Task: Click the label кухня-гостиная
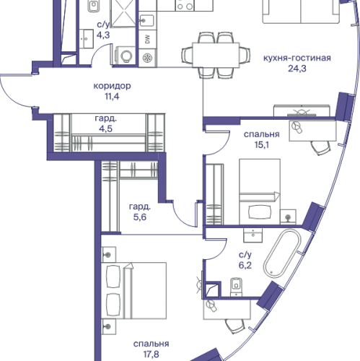(x=297, y=58)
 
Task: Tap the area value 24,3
(x=297, y=69)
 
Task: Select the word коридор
(x=112, y=86)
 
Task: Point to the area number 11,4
(x=112, y=97)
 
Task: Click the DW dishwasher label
(x=147, y=40)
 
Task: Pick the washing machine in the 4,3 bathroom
(x=126, y=56)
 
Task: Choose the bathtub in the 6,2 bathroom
(x=282, y=253)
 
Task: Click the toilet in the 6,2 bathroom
(x=237, y=287)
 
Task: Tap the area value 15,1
(x=262, y=145)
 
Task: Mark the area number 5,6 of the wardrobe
(x=140, y=217)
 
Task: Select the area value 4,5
(x=106, y=129)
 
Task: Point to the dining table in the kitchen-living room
(x=216, y=55)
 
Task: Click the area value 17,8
(x=152, y=355)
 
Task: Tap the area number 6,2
(x=245, y=266)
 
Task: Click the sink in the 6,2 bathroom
(x=253, y=235)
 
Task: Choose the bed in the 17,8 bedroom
(x=133, y=291)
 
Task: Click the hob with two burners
(x=185, y=5)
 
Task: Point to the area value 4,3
(x=103, y=35)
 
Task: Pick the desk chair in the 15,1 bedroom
(x=320, y=148)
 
